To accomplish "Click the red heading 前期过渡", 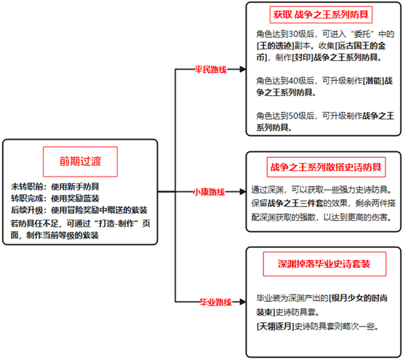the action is [x=80, y=161].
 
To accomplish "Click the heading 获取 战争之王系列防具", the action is [x=321, y=15].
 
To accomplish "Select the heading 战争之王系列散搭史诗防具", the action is [x=326, y=167].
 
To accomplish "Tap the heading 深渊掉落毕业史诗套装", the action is [x=324, y=264].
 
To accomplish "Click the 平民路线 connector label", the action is [x=210, y=69].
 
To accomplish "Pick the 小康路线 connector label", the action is [x=209, y=192].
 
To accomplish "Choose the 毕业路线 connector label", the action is [x=215, y=302].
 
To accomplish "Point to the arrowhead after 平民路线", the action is [x=243, y=69].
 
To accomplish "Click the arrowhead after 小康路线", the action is [x=243, y=191].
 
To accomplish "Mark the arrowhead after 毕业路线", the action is [x=243, y=302].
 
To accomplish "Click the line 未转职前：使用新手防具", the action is [x=55, y=187].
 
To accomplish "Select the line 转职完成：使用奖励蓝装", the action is [x=55, y=199].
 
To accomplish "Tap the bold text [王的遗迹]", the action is [x=276, y=46].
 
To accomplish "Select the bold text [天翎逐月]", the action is [x=276, y=327].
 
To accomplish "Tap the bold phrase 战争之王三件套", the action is [x=295, y=203].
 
